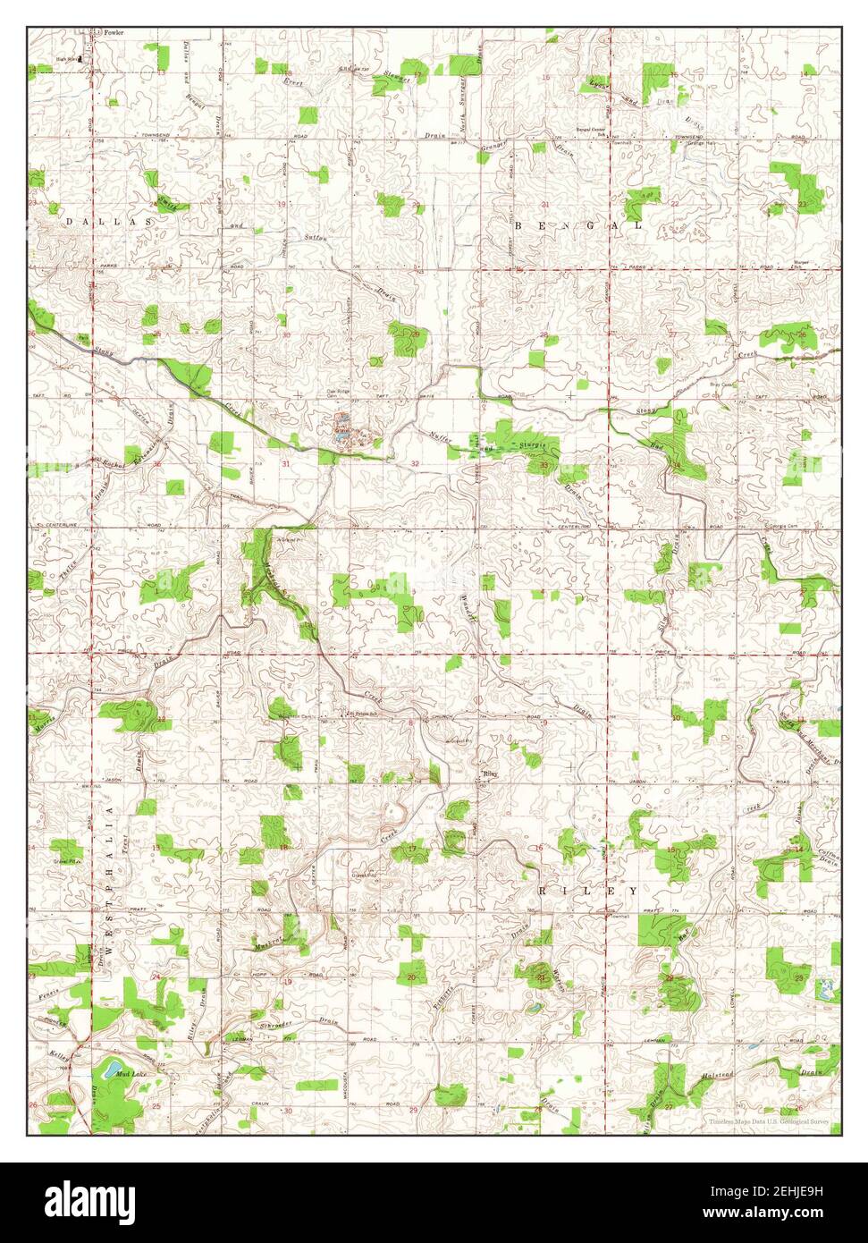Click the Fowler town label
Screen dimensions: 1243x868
113,33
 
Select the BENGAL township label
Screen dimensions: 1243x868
577,226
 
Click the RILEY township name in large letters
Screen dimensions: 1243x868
588,892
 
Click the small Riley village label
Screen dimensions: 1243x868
489,774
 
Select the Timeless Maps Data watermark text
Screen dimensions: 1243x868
768,1121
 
